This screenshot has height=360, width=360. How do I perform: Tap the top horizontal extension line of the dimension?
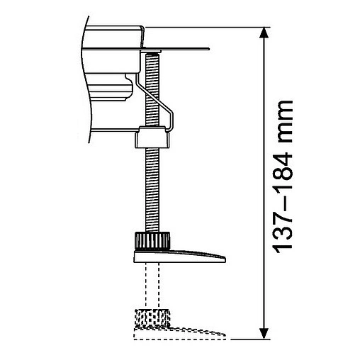pyautogui.click(x=213, y=27)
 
